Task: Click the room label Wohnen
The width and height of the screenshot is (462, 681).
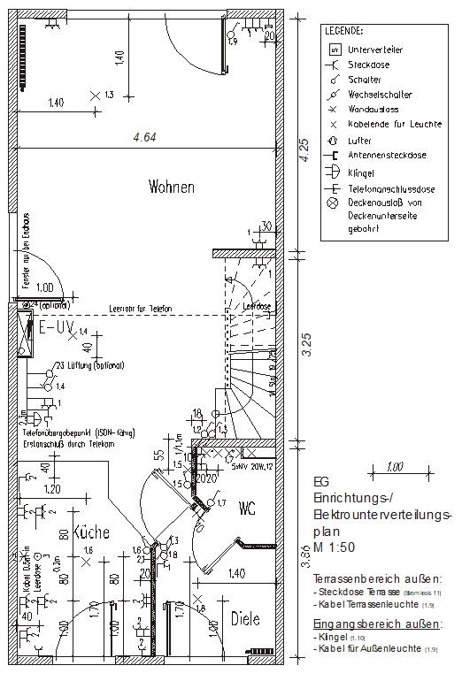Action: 172,187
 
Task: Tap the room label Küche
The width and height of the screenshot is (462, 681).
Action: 90,533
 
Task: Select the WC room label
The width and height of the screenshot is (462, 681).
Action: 248,509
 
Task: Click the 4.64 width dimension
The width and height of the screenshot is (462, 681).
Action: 144,137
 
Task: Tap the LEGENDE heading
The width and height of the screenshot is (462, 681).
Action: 343,30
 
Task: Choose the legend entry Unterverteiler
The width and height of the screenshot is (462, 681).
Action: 375,50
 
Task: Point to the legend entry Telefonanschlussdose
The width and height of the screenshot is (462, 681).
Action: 390,188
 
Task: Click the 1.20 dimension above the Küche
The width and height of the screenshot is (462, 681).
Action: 53,488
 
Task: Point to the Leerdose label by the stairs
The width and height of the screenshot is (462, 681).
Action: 257,307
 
